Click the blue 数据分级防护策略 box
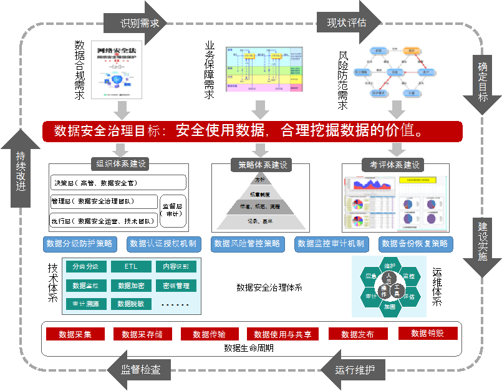(80, 243)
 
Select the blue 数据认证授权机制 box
(163, 243)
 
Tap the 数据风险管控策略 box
(247, 243)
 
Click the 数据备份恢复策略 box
(415, 243)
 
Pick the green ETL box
(131, 267)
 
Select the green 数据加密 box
(131, 286)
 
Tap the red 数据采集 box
(75, 334)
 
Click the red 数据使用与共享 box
(282, 334)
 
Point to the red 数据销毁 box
(428, 334)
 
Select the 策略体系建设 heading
(261, 165)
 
